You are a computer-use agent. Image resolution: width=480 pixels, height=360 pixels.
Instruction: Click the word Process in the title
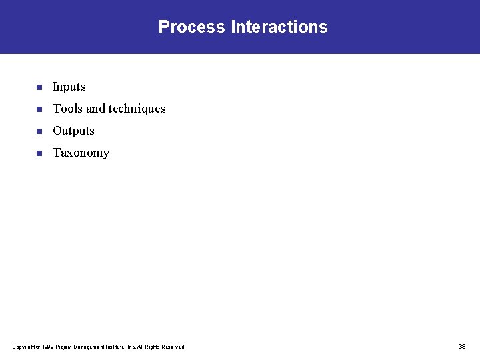tap(192, 27)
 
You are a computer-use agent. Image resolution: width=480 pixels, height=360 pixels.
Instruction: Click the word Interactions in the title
tap(279, 27)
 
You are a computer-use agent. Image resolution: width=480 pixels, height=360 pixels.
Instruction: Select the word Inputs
tap(69, 87)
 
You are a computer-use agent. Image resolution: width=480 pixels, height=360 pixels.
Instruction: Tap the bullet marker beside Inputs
tap(39, 87)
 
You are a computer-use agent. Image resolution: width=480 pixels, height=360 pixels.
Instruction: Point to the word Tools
tap(67, 109)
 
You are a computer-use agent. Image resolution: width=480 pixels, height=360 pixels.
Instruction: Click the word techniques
tap(137, 109)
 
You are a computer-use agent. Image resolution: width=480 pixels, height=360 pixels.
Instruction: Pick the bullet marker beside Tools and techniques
tap(39, 109)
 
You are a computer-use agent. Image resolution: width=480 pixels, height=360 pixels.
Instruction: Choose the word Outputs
tap(73, 131)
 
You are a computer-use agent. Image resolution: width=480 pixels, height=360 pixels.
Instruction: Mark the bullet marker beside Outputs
tap(39, 131)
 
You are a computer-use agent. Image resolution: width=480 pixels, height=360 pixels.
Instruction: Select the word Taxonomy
tap(81, 153)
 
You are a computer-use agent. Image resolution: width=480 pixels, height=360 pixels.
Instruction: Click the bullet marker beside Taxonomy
tap(39, 153)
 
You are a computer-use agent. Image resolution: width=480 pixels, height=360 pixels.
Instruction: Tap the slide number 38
tap(462, 347)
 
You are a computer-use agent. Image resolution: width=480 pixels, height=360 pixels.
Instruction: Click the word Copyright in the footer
tap(23, 347)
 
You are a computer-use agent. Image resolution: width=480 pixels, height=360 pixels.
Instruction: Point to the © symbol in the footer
tap(37, 347)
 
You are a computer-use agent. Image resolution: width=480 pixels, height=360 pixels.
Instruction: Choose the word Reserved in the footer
tap(175, 347)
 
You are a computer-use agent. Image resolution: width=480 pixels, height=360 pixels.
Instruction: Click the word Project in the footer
tap(63, 347)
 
